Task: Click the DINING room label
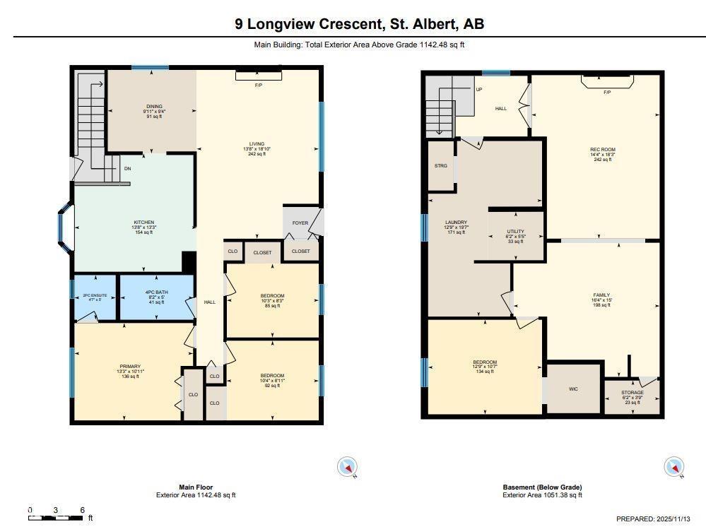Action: coord(154,107)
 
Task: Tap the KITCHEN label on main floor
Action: coord(143,223)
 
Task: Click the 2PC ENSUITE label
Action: coord(95,295)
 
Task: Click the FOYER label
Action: coord(300,223)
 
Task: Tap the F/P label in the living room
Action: coord(259,85)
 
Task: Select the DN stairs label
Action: coord(127,169)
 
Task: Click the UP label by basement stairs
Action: coord(479,90)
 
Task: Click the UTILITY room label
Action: coord(515,231)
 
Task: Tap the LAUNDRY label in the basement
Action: coord(456,222)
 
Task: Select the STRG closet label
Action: coord(440,166)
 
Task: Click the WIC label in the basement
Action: coord(573,389)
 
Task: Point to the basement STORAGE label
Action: coord(632,393)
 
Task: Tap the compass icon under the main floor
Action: coord(348,467)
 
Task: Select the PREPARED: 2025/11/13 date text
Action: coord(654,519)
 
